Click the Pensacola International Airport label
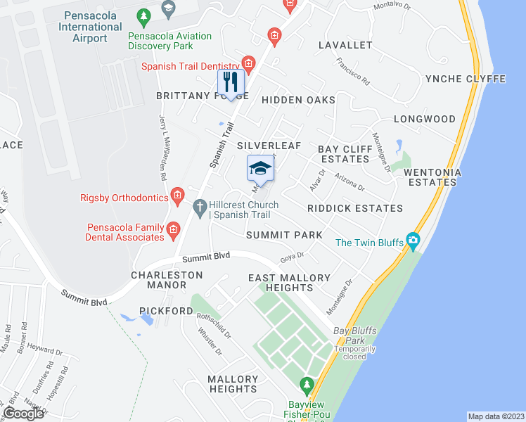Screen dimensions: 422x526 [90, 27]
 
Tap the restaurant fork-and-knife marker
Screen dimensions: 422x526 [231, 82]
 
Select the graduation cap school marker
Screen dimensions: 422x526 [259, 168]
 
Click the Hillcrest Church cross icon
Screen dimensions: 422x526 [199, 206]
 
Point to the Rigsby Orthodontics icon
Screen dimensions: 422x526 [178, 194]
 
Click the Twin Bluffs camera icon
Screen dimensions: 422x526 [413, 241]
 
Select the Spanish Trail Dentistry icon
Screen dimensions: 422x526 [247, 62]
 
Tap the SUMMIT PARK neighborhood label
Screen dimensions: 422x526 [284, 235]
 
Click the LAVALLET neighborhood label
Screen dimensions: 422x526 [345, 45]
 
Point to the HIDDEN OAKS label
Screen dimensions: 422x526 [298, 100]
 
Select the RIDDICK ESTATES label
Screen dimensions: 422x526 [355, 208]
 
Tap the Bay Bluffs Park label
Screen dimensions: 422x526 [351, 331]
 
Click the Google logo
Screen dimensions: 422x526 [23, 414]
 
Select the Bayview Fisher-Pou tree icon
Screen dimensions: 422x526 [306, 385]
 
